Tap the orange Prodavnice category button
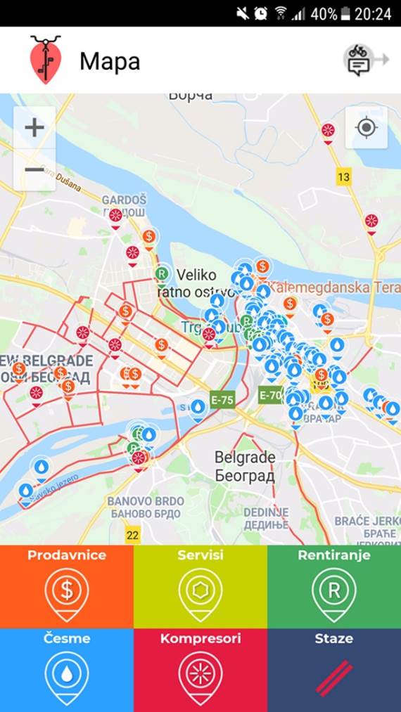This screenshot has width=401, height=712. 67,586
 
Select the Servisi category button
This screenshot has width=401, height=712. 200,586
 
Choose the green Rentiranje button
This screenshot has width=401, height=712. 334,586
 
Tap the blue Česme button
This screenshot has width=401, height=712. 67,670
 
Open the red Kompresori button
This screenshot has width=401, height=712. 200,670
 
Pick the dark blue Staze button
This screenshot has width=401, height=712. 334,670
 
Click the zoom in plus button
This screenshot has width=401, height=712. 34,128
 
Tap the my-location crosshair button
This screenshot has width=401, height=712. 367,128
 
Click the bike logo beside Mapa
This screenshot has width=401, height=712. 46,60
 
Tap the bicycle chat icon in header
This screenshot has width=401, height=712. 359,60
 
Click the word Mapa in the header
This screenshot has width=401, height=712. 110,61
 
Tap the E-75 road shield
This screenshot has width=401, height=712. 222,400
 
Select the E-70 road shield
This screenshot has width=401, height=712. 270,395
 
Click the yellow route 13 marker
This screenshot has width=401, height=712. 343,177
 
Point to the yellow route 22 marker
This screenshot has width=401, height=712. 133,535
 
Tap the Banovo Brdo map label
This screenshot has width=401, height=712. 146,507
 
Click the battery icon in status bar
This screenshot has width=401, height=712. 346,13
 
